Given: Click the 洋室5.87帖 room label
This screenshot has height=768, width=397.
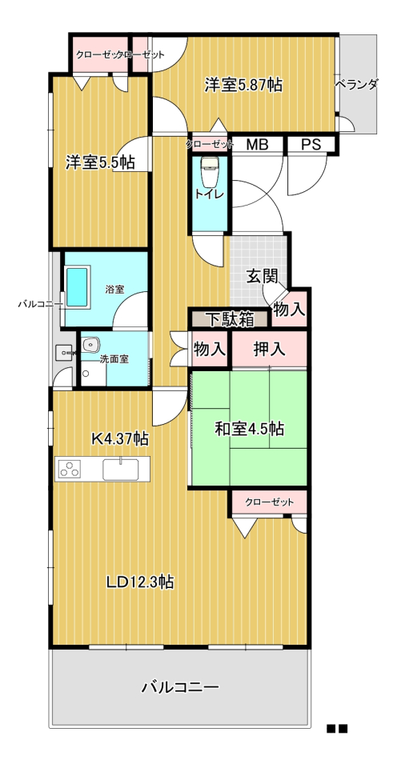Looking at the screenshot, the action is [243, 86].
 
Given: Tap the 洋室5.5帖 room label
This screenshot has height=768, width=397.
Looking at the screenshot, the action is [101, 162].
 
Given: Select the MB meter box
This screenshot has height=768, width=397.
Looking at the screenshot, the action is [257, 145].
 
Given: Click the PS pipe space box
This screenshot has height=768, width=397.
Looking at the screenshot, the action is [311, 145].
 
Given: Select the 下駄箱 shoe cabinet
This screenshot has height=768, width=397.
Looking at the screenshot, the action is [230, 319].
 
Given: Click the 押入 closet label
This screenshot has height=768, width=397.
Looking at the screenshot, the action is [269, 349].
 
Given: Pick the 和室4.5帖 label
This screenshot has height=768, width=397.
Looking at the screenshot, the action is [250, 429].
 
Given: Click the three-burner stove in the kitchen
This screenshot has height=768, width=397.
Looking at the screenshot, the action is [70, 469].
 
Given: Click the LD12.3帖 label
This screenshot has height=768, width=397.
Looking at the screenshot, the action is [140, 582].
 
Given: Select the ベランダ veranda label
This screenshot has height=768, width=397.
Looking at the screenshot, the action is [356, 85].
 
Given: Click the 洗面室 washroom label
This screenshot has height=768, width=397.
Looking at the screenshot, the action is [114, 359].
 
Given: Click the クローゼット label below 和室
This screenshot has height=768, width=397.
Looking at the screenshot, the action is [269, 502].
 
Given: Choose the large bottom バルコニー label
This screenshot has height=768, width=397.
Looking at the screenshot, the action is [180, 687].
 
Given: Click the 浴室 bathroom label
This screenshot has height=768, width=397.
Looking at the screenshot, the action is [114, 290].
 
